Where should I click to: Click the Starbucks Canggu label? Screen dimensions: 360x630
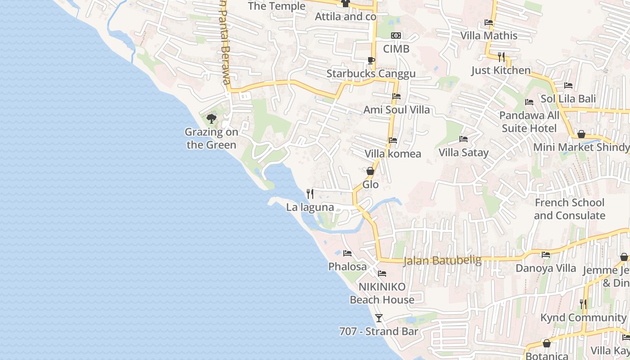tap(371, 74)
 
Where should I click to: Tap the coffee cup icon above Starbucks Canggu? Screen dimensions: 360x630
tap(371, 60)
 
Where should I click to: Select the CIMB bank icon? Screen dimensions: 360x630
tap(396, 36)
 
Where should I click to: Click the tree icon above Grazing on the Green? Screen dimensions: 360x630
tap(211, 119)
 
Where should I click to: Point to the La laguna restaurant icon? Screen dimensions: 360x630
tap(310, 194)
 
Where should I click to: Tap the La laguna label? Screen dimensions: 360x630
tap(310, 207)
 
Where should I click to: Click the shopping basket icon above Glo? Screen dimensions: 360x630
tap(370, 171)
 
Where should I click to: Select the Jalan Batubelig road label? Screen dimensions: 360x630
tap(442, 261)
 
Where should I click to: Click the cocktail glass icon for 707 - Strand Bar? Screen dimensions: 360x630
tap(379, 318)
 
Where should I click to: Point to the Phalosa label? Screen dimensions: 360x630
tap(347, 267)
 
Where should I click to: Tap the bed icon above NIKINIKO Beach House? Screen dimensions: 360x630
tap(382, 273)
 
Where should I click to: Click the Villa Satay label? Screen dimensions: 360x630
tap(463, 153)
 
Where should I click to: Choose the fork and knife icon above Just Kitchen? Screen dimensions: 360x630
tap(501, 57)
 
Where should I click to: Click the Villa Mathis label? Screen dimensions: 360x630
tap(489, 36)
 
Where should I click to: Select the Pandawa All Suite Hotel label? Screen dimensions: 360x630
tap(529, 122)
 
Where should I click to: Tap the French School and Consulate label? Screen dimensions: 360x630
tap(570, 209)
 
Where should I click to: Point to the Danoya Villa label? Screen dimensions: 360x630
tap(546, 268)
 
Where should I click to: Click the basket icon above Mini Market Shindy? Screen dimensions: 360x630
tap(581, 134)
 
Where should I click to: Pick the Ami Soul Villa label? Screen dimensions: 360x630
tap(396, 110)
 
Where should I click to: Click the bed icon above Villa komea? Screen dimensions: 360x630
tap(393, 140)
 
